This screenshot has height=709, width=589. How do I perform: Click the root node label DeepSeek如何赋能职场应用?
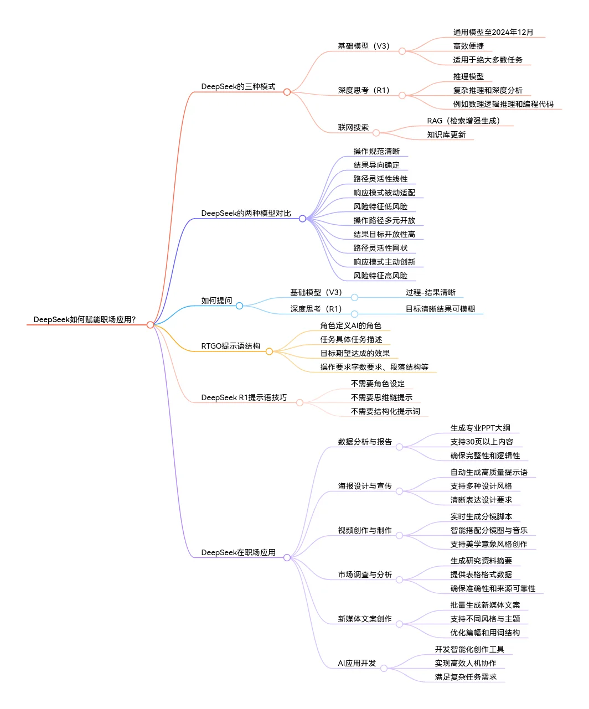click(x=85, y=319)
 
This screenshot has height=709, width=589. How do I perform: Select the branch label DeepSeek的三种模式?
click(x=238, y=86)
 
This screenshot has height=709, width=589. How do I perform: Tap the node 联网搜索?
click(x=353, y=127)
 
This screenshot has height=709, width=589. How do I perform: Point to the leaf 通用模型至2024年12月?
click(x=493, y=32)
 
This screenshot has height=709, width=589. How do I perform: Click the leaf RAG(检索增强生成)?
click(x=463, y=121)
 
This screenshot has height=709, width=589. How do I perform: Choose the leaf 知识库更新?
click(x=446, y=134)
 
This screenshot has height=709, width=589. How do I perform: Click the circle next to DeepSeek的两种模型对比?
click(x=302, y=219)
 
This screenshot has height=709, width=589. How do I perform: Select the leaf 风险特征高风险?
click(x=380, y=276)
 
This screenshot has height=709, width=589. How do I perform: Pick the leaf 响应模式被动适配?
click(x=384, y=193)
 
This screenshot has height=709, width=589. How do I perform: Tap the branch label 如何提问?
click(x=216, y=301)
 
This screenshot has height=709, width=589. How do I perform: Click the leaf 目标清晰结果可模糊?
click(x=440, y=309)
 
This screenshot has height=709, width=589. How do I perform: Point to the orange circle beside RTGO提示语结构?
click(x=270, y=351)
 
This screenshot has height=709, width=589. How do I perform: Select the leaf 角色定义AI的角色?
click(x=350, y=325)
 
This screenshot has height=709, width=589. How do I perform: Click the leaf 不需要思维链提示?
click(x=381, y=397)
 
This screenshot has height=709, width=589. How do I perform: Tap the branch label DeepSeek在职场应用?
click(x=238, y=552)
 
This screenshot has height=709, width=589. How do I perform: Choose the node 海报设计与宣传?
click(x=365, y=486)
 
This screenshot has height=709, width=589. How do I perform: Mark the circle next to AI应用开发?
click(x=384, y=669)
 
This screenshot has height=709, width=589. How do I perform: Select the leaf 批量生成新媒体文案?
click(x=485, y=605)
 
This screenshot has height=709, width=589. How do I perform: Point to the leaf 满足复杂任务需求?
click(x=466, y=677)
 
